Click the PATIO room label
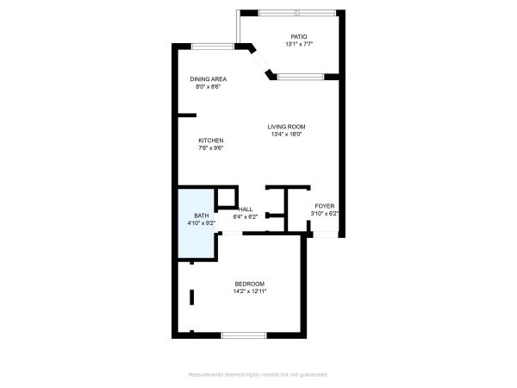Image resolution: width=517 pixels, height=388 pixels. (299, 36)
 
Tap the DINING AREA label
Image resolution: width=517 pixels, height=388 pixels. (208, 79)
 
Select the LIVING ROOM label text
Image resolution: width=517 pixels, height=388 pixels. (286, 127)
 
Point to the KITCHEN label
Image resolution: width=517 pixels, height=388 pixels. (211, 141)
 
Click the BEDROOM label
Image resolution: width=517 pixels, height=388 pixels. (250, 284)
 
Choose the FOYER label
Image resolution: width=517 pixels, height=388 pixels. (325, 206)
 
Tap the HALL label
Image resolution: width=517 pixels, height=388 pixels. (246, 210)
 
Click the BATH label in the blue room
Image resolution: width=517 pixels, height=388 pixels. (201, 216)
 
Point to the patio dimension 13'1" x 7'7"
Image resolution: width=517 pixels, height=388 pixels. (299, 44)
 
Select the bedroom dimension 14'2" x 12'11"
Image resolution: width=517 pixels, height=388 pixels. (250, 291)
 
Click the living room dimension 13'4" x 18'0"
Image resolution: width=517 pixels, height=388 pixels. (286, 135)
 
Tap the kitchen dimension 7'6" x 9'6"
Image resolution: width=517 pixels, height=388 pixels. (211, 148)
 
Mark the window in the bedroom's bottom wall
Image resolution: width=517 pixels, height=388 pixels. (244, 335)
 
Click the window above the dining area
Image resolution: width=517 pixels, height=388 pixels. (213, 47)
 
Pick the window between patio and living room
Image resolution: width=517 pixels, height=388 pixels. (301, 78)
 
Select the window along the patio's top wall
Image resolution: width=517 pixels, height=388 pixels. (297, 13)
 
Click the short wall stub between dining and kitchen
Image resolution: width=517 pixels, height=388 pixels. (187, 116)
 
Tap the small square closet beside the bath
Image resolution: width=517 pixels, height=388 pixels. (227, 197)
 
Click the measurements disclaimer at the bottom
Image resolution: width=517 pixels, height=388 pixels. (258, 375)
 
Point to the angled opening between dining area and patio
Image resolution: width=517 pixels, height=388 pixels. (260, 61)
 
